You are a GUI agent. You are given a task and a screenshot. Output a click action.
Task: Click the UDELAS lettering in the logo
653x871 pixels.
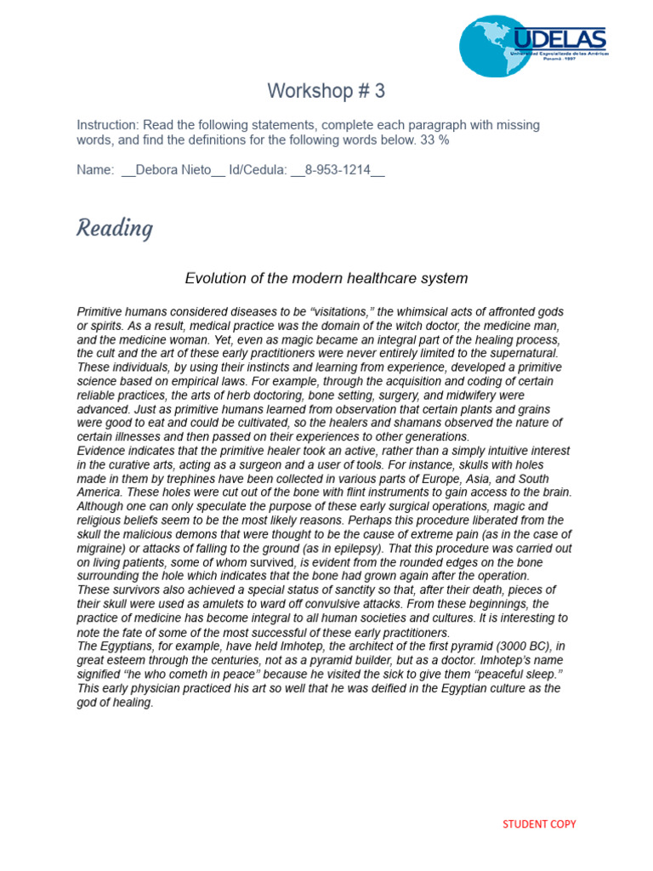(559, 38)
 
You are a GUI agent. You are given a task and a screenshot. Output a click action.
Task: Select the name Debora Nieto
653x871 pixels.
(173, 170)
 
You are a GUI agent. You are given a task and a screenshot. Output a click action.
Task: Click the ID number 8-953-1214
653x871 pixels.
(338, 170)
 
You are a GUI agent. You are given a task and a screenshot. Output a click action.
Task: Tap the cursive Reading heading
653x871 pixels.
(115, 229)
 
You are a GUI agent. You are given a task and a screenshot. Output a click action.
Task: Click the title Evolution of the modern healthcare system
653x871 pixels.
(326, 278)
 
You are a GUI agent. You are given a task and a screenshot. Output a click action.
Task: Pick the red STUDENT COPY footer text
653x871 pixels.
(539, 823)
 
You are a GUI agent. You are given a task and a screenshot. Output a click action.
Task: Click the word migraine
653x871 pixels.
(102, 548)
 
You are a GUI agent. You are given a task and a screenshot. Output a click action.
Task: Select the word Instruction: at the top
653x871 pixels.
(108, 125)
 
